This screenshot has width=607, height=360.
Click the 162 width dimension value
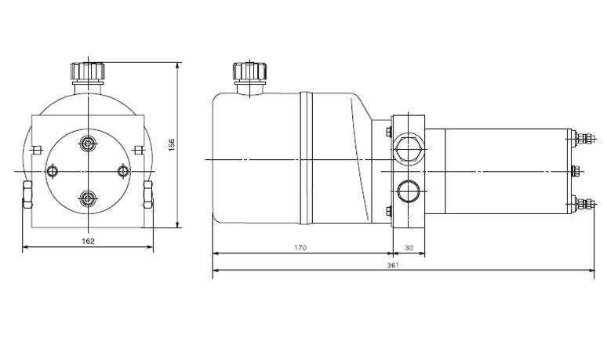click(x=88, y=241)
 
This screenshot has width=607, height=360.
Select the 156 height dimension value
click(x=173, y=144)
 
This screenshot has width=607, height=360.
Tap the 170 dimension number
click(x=300, y=248)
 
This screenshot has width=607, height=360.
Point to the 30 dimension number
click(x=408, y=248)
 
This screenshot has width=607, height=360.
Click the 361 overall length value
click(x=392, y=265)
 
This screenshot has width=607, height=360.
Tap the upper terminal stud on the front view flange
click(x=87, y=144)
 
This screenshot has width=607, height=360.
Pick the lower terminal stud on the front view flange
click(x=87, y=197)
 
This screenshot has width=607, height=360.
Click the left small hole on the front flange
click(x=53, y=170)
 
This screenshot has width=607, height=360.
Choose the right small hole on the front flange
click(x=122, y=170)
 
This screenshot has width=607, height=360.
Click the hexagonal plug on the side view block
click(x=408, y=146)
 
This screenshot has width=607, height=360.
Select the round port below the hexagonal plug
click(x=408, y=191)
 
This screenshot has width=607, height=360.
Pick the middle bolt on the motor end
click(x=576, y=172)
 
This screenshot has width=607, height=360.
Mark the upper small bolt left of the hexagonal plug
click(x=389, y=131)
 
